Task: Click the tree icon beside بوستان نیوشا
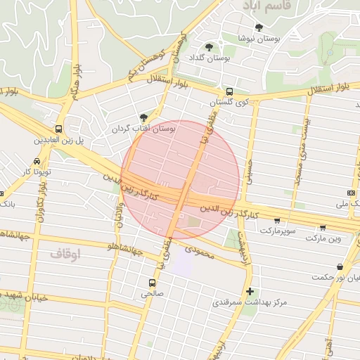point(259,27)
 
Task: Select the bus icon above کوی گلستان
point(229,91)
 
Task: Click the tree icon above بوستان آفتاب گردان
point(144,117)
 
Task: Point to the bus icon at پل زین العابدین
point(58,129)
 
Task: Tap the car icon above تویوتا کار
point(37,161)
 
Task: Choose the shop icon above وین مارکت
point(322,227)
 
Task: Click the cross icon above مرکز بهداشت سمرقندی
point(249,291)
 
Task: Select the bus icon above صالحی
point(151,283)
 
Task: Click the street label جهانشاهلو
point(124,246)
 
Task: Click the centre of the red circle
point(181,179)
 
